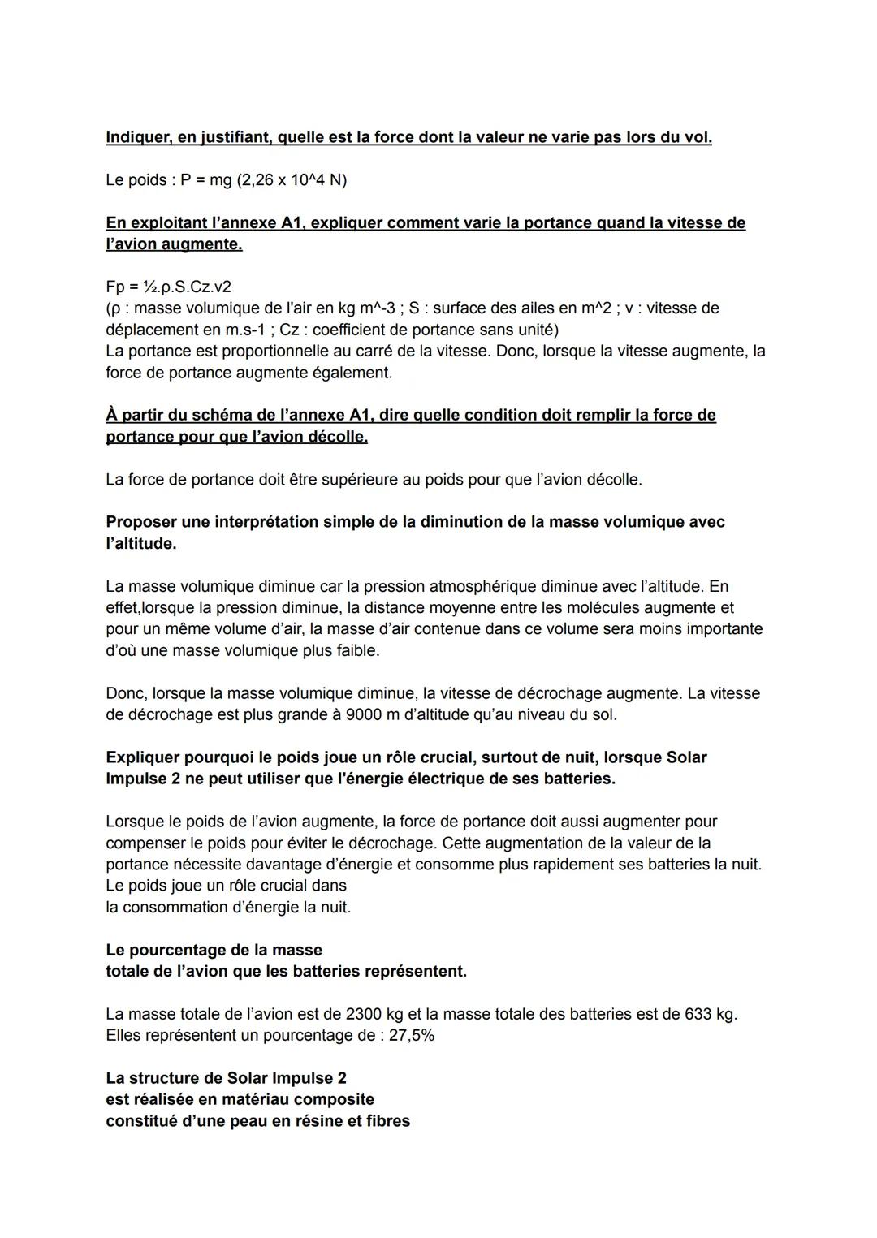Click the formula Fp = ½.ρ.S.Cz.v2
(168, 287)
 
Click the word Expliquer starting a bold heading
(144, 758)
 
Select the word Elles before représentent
(123, 1036)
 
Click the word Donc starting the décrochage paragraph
(125, 694)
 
